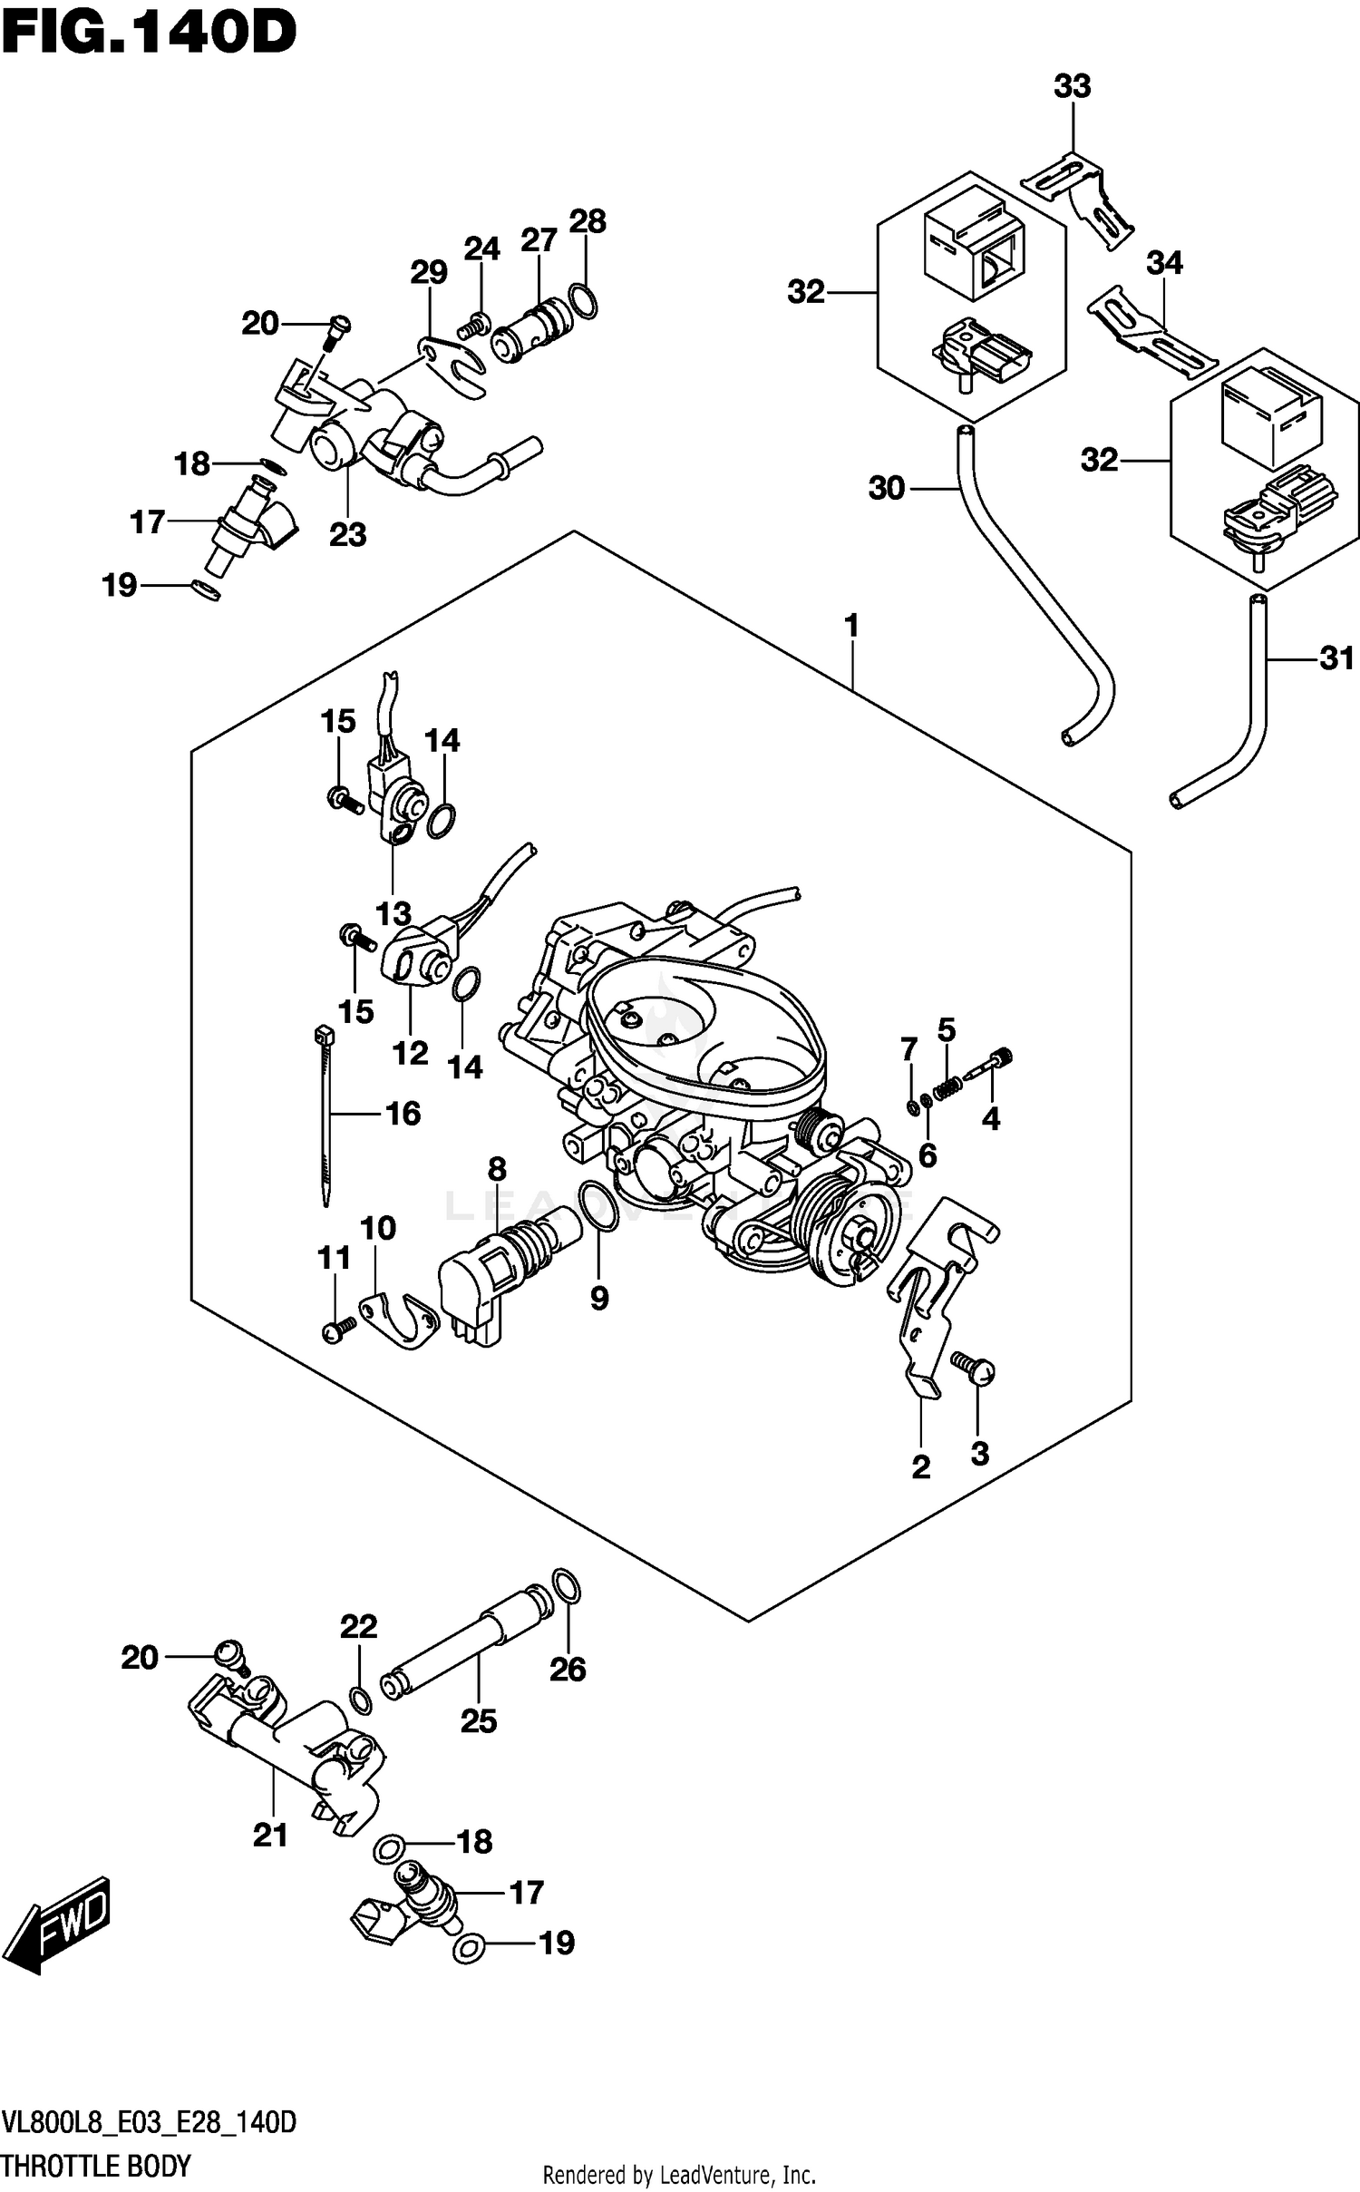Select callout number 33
point(1072,87)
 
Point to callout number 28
point(588,222)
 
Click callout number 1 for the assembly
point(850,626)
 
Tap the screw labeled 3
point(973,1371)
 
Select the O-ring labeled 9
point(597,1206)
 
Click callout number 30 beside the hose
point(887,489)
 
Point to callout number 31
point(1336,658)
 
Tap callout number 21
point(270,1836)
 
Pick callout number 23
point(347,535)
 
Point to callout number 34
point(1164,263)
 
